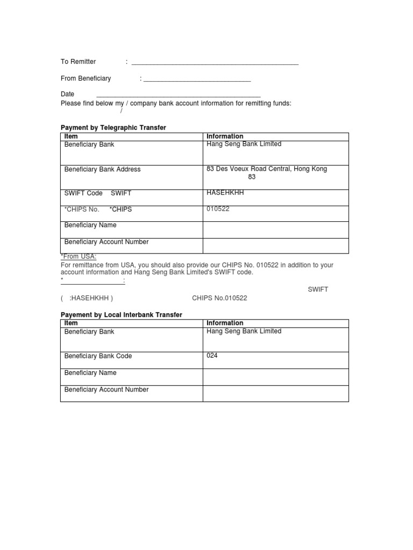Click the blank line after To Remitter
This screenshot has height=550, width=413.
click(215, 63)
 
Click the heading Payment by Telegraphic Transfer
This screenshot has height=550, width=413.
click(113, 128)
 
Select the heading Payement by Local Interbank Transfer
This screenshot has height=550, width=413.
click(122, 315)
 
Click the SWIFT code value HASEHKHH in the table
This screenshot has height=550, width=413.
click(225, 193)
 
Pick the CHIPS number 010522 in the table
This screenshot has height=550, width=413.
click(218, 209)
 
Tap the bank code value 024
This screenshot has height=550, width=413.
click(212, 356)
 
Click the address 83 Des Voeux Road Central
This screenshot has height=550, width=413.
click(266, 169)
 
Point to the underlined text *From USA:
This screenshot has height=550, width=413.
click(79, 257)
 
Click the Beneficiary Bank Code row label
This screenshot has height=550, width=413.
click(98, 356)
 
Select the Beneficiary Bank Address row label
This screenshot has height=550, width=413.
click(102, 169)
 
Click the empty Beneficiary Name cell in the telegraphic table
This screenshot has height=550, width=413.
click(275, 229)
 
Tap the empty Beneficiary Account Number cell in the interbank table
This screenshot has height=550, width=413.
click(275, 393)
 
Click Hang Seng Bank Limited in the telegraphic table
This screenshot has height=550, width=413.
click(244, 144)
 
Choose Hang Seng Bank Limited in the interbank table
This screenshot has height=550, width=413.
click(244, 331)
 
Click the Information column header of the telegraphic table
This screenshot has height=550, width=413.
click(225, 136)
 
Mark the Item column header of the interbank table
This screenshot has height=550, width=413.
click(71, 323)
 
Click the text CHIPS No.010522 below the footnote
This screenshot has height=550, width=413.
click(219, 298)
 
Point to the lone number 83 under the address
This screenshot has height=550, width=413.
click(252, 177)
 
